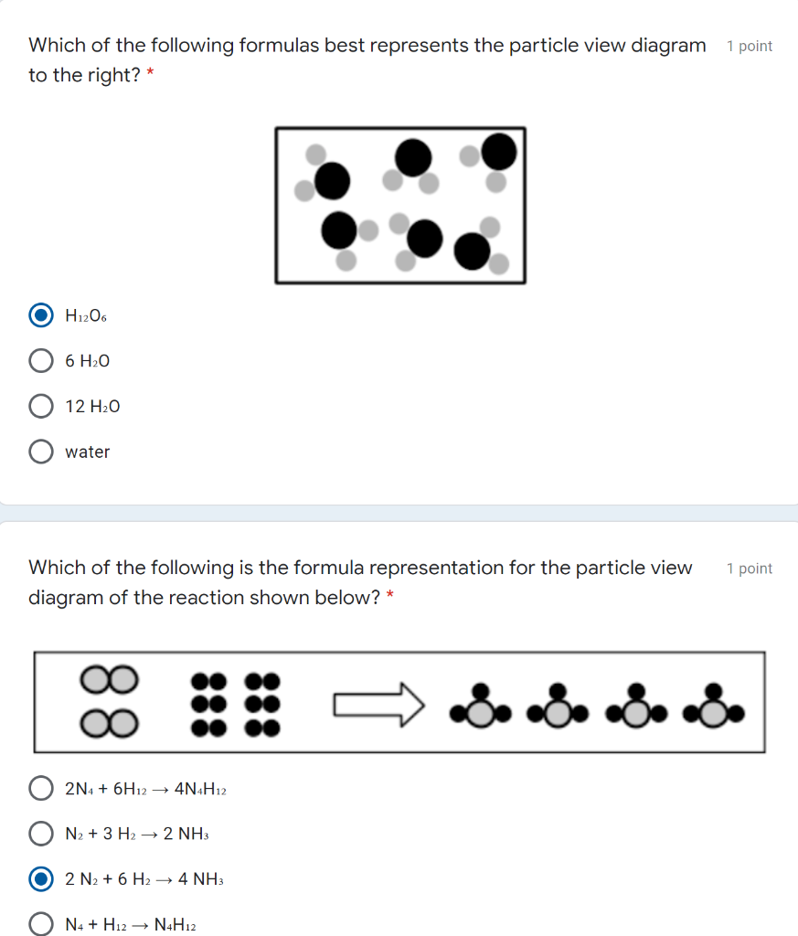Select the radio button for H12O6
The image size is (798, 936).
41,315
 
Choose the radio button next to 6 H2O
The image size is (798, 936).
41,361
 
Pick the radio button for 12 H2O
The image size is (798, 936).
41,406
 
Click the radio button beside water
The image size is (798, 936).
41,452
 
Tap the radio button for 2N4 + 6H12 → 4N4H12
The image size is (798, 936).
41,788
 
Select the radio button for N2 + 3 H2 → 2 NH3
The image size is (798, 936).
41,834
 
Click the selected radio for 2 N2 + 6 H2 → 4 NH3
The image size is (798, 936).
41,879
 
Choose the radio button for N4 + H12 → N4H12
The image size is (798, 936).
41,924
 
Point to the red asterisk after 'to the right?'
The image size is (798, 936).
150,74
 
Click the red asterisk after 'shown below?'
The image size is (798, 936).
390,597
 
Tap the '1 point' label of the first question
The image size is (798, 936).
750,46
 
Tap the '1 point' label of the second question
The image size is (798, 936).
750,569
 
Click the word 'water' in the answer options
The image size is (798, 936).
88,452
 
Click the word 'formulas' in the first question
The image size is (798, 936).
276,45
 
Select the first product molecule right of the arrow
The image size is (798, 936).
479,705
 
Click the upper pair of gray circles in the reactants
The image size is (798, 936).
110,678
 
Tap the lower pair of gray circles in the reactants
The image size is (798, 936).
110,725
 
